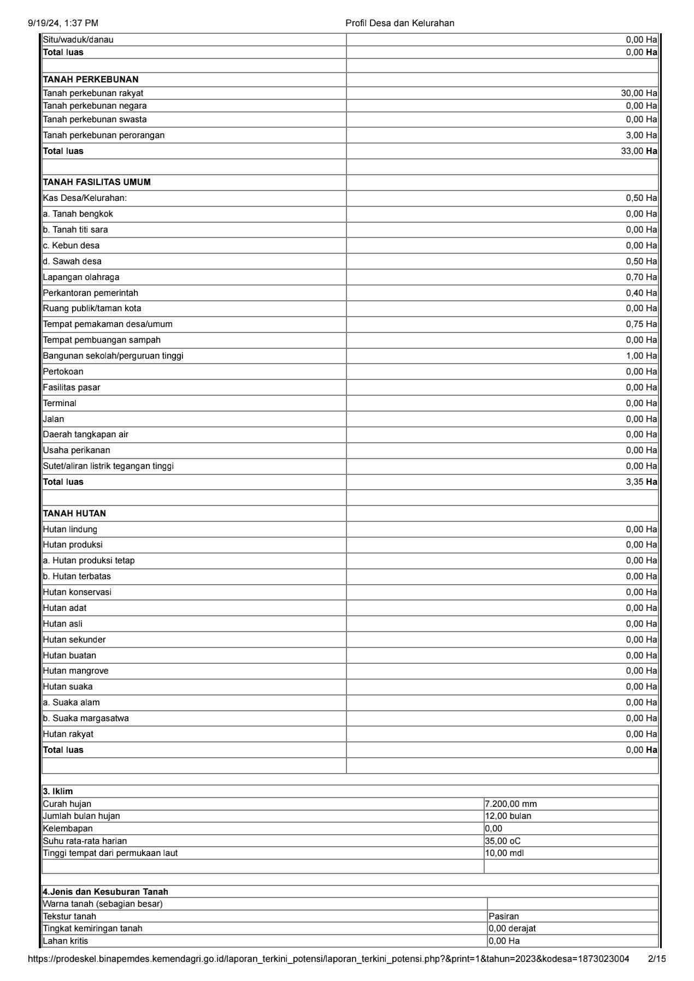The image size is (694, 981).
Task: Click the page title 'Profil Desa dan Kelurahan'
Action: [399, 23]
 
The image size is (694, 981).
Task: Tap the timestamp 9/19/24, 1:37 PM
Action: [63, 23]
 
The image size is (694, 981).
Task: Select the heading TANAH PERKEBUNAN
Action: [91, 79]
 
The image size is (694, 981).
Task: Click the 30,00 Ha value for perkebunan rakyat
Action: [639, 93]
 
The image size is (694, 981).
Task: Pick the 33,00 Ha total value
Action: [639, 151]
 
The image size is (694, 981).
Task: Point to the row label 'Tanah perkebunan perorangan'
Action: [104, 135]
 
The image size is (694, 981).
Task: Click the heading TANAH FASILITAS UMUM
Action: [97, 182]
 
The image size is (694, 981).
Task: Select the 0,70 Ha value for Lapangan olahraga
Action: [641, 277]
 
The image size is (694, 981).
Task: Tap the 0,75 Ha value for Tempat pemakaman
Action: [641, 324]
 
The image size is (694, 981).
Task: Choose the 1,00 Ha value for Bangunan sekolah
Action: [641, 356]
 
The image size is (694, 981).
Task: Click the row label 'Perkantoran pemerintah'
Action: [91, 293]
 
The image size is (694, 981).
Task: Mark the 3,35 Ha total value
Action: [641, 482]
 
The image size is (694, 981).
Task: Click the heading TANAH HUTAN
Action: [74, 514]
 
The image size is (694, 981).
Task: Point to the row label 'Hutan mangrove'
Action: [75, 671]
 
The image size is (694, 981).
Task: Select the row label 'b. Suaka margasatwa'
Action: [86, 718]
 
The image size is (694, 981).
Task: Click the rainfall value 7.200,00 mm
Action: [511, 804]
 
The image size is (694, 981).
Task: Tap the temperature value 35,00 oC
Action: [503, 841]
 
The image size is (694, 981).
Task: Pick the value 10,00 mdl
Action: [504, 853]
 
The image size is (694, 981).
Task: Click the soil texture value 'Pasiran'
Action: [504, 917]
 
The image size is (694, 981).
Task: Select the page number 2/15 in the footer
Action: [656, 959]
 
